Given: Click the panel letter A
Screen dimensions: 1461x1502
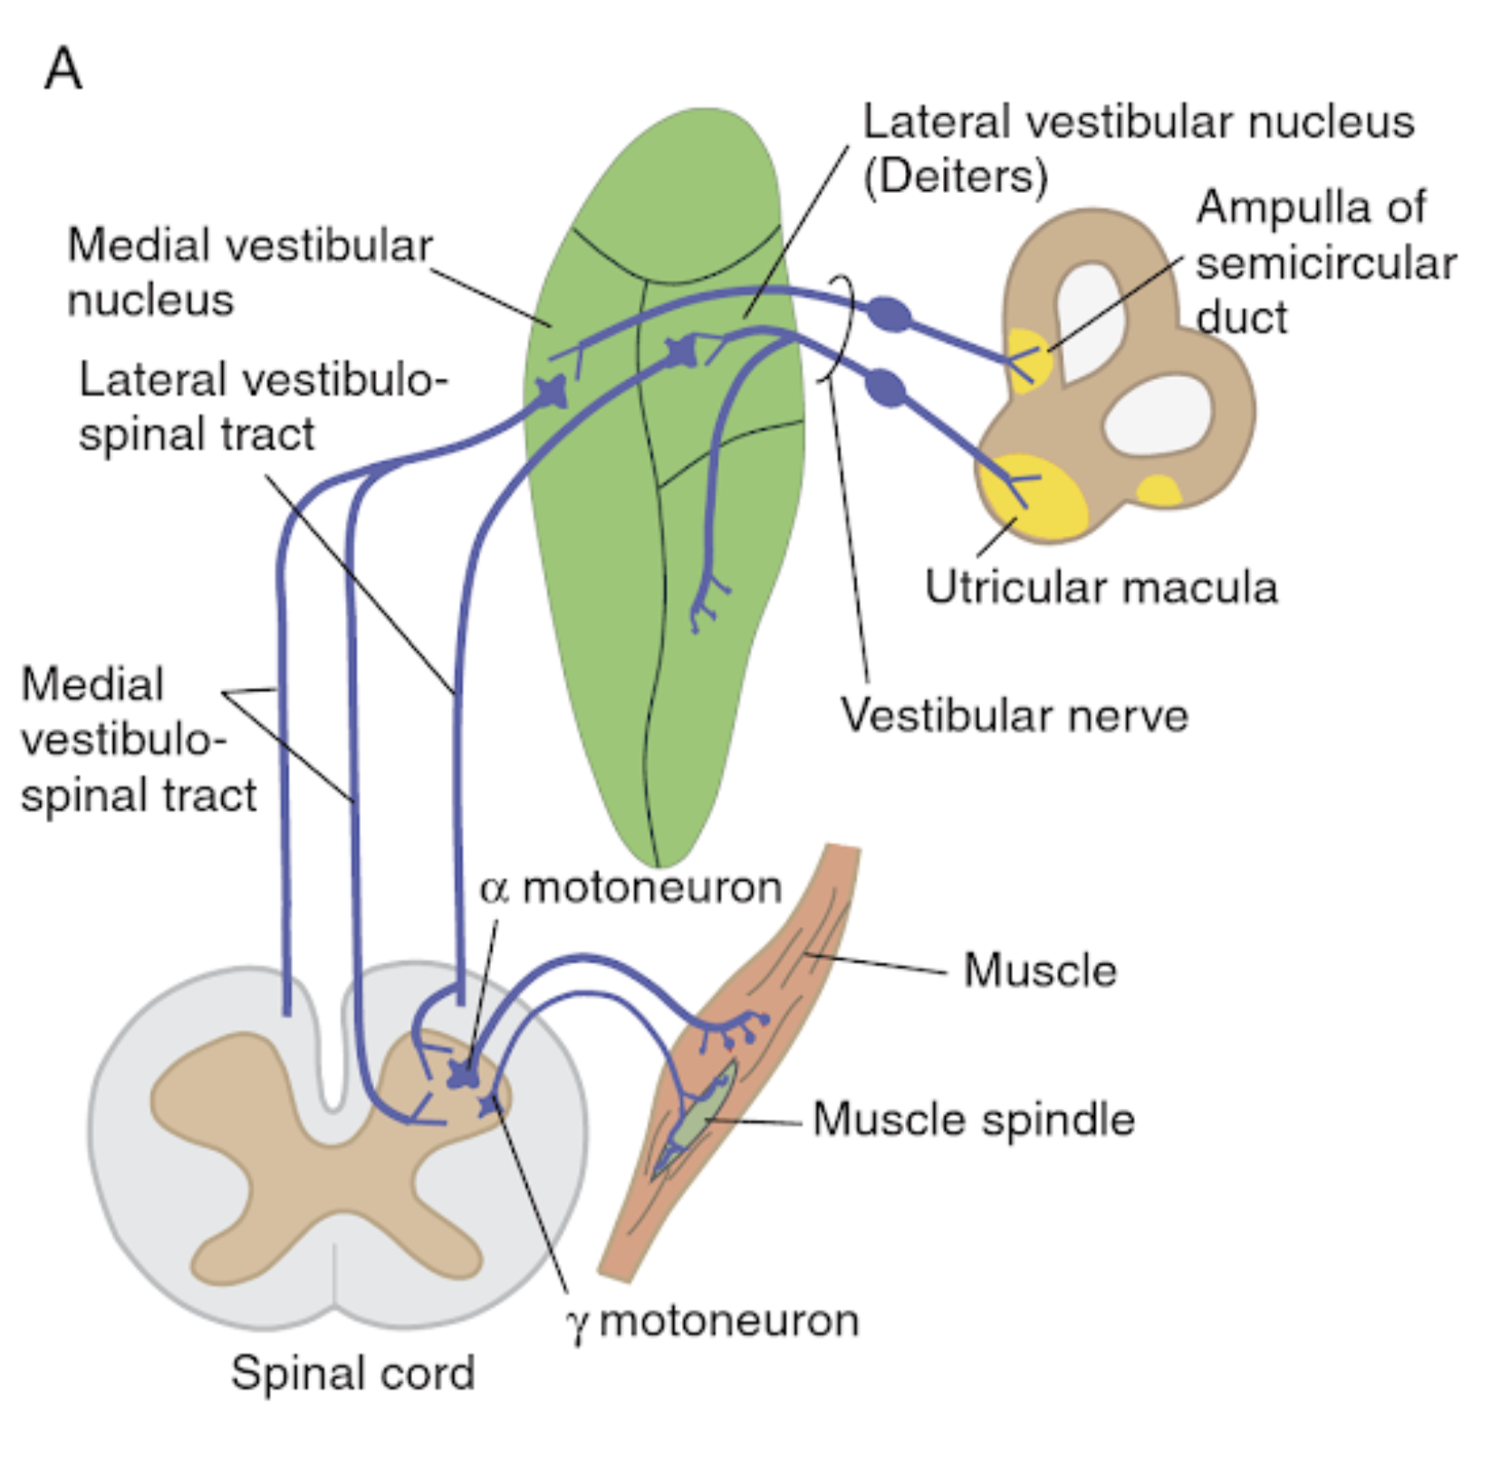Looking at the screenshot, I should pos(64,69).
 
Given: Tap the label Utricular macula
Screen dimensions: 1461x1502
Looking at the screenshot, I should pos(1100,587).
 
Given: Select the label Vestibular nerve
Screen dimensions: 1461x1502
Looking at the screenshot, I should pos(1014,715).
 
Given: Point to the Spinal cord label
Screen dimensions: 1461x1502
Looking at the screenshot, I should pos(353,1373).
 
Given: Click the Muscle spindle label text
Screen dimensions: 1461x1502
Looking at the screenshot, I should pos(973,1120).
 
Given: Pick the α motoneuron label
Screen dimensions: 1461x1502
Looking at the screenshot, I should pos(631,887).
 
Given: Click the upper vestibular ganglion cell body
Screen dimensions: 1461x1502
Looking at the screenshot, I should pos(889,314).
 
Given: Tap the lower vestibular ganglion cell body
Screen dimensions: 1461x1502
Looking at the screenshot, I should pos(885,387).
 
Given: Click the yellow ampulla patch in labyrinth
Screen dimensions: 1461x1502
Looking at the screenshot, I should pos(1028,358).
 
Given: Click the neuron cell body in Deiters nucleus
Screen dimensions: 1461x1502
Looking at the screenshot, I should pos(682,351).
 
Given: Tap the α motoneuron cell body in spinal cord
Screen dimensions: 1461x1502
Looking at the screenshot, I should pos(464,1075).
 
